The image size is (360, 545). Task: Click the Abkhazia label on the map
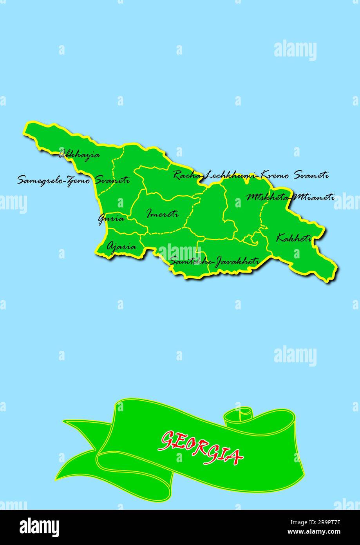pos(79,154)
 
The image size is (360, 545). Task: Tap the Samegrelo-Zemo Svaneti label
pos(73,180)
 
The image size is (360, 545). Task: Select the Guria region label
pos(111,218)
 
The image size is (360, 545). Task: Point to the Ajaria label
pos(121,247)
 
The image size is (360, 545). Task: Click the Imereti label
pos(163,214)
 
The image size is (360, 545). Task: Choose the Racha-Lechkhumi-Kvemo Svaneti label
pos(251,175)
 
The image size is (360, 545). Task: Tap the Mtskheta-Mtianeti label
pos(290,197)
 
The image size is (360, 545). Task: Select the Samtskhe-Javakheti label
pos(214,261)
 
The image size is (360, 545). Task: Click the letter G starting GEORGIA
pos(168,440)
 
